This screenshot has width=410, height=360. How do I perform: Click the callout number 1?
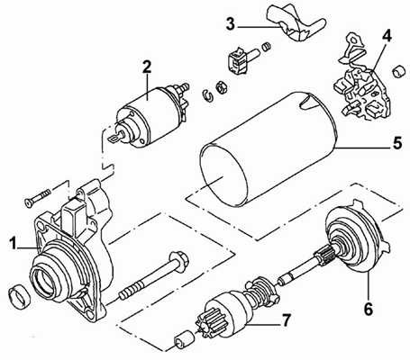(13, 243)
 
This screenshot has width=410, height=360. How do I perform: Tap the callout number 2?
(147, 67)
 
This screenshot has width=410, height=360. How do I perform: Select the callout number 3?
(230, 24)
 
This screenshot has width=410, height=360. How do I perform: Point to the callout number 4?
(387, 36)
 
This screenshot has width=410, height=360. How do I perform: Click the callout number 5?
(397, 143)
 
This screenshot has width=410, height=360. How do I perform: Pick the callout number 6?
(369, 309)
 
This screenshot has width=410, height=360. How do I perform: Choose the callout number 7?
(286, 320)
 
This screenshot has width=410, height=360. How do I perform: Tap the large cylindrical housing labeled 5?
(269, 149)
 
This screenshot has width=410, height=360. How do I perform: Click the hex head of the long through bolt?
(178, 259)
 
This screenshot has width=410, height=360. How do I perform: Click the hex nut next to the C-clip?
(222, 87)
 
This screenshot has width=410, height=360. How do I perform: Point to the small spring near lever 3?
(267, 47)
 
